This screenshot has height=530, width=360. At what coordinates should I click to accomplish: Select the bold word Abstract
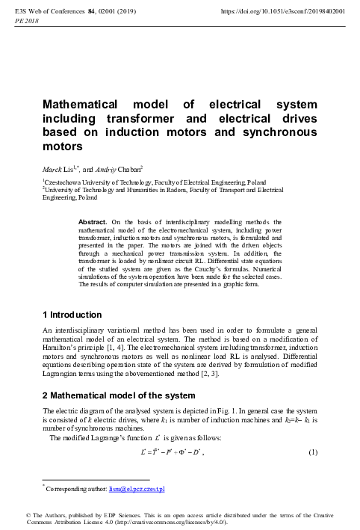[93, 222]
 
